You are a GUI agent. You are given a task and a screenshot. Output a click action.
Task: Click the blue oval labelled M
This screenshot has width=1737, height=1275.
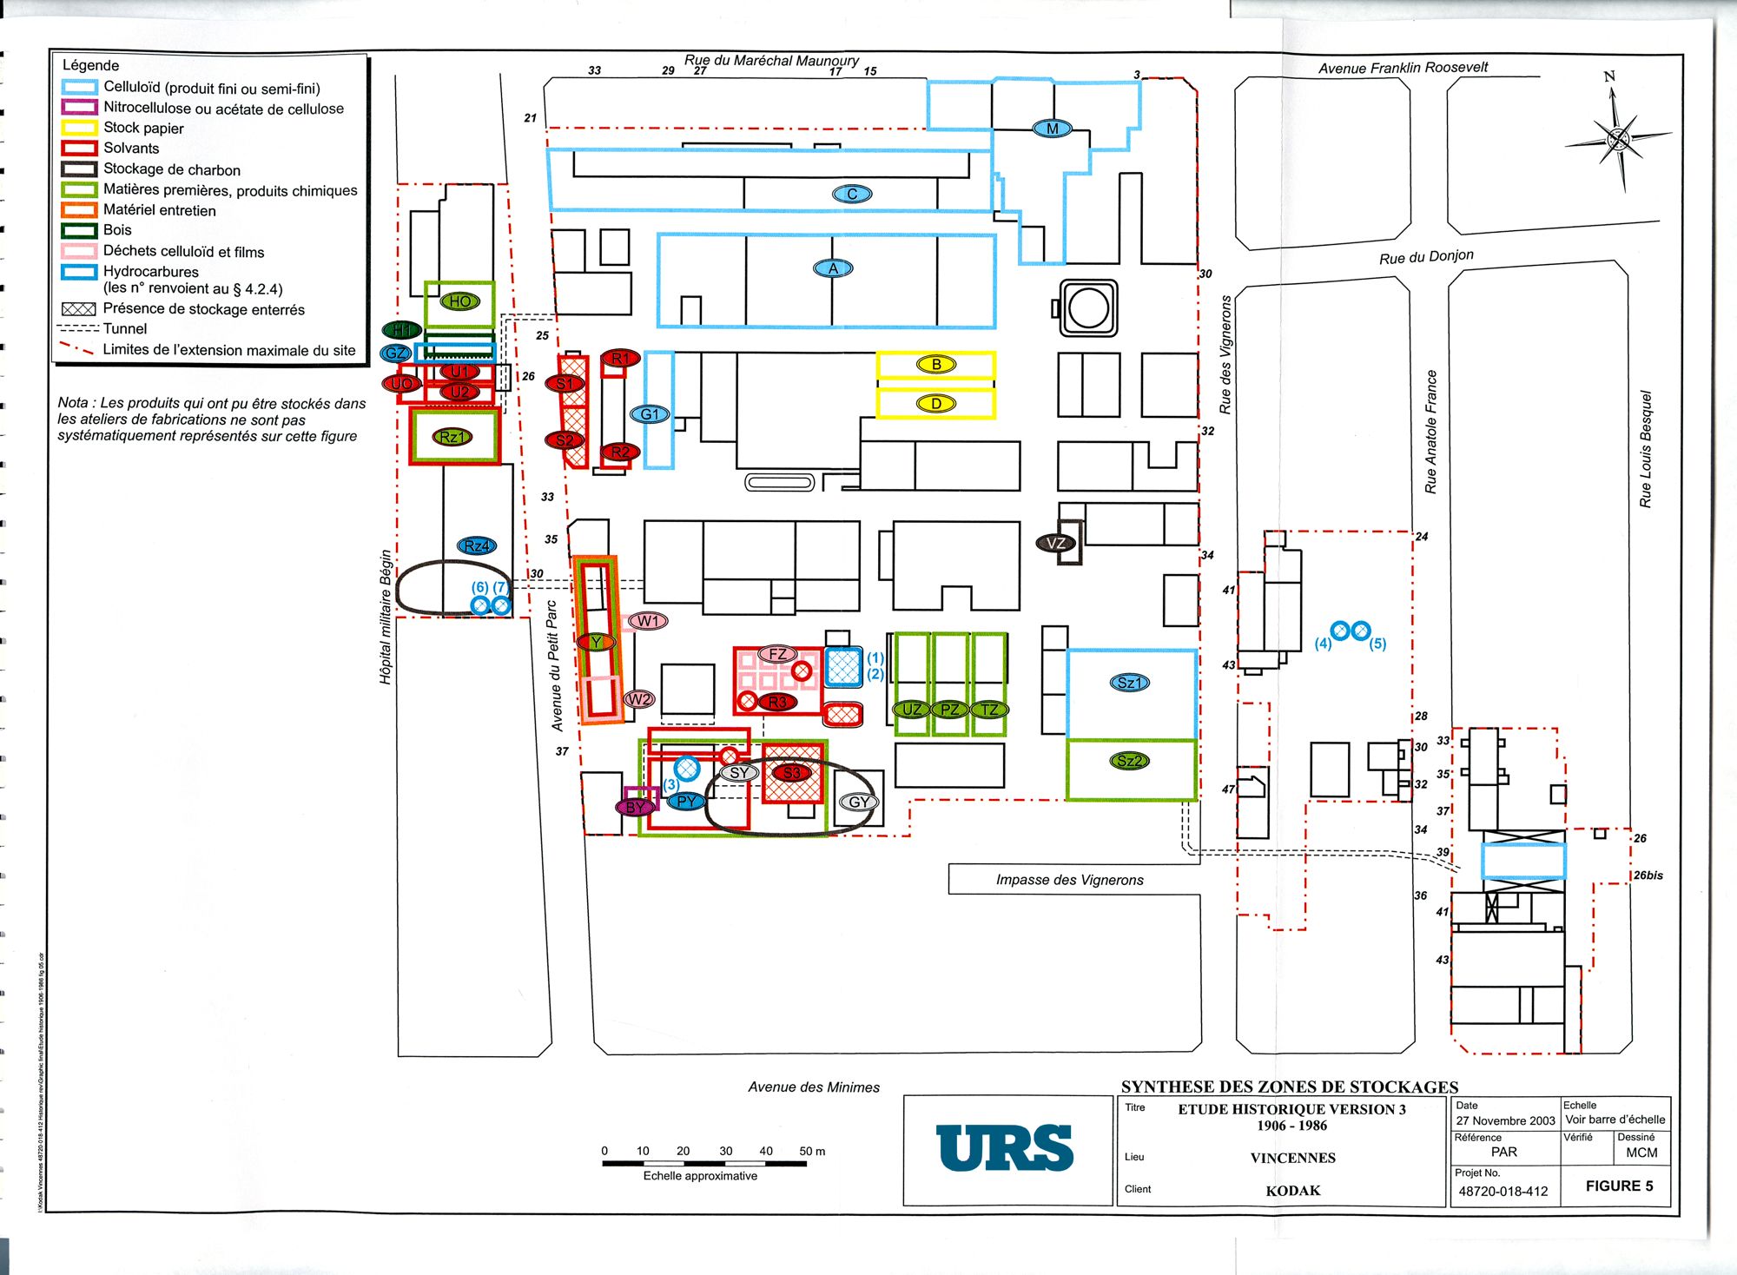point(1052,129)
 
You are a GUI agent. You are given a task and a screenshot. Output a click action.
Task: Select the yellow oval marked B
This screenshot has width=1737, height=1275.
point(936,365)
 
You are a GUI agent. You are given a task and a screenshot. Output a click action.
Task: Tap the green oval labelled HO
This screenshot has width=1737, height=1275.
point(459,301)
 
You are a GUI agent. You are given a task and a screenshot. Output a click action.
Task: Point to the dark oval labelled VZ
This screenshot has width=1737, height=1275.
point(1056,544)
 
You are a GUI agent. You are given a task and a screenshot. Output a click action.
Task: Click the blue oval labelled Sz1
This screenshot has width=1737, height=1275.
point(1129,683)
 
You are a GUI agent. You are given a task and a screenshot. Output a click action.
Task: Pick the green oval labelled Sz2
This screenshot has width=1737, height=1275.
point(1129,761)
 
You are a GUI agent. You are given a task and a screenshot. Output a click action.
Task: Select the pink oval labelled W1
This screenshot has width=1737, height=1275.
point(648,621)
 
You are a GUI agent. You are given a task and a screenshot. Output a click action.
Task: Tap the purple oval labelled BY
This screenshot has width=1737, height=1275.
point(635,807)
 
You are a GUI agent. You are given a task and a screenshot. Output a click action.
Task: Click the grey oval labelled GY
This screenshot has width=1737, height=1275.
point(859,802)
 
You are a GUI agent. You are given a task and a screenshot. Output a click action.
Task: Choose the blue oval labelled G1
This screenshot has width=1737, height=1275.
point(651,414)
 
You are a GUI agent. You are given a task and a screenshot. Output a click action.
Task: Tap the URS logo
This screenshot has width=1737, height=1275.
point(1005,1147)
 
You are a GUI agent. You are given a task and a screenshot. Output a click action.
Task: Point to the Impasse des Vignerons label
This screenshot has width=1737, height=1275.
point(1069,880)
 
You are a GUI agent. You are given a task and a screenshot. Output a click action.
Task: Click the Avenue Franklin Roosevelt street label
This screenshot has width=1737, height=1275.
point(1403,68)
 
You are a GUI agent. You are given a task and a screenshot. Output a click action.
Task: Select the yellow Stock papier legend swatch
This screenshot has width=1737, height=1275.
point(78,128)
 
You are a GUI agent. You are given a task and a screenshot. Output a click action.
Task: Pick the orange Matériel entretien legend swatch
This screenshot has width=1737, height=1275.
point(78,209)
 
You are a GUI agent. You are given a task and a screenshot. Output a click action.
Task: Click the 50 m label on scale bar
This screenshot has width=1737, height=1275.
point(812,1152)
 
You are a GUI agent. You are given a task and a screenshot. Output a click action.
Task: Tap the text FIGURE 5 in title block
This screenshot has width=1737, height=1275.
point(1619,1186)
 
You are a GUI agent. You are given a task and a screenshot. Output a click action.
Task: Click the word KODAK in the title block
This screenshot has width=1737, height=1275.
point(1292,1191)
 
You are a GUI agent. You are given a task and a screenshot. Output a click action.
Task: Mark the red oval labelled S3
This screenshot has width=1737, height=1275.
point(791,772)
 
